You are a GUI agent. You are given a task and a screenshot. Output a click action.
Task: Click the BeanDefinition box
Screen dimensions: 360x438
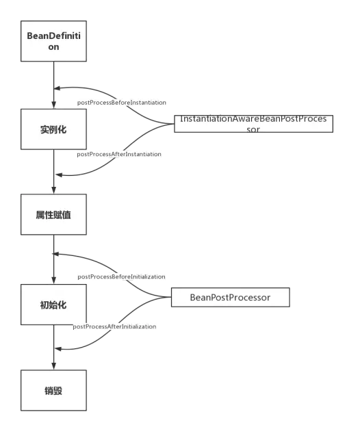click(x=53, y=41)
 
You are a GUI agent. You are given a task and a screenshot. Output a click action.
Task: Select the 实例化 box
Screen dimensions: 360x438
click(x=53, y=129)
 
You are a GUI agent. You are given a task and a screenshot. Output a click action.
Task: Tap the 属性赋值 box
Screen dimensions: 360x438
click(x=53, y=214)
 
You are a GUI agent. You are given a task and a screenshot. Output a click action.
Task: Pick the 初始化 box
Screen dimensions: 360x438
click(x=53, y=305)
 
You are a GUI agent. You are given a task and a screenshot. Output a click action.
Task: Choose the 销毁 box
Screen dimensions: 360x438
click(x=53, y=390)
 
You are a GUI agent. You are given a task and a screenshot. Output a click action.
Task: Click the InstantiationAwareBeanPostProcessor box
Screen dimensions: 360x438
click(x=254, y=124)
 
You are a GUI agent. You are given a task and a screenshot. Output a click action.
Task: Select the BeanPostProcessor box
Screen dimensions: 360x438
click(x=231, y=297)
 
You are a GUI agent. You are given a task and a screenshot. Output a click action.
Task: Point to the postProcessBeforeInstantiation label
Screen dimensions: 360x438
click(x=122, y=103)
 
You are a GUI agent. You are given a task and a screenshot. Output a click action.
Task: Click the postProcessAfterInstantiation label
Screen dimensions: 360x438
click(x=119, y=154)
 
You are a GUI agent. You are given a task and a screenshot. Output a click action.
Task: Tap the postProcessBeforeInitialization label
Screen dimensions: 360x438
click(x=121, y=276)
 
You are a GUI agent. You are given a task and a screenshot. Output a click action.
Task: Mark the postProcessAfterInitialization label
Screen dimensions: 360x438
click(x=114, y=326)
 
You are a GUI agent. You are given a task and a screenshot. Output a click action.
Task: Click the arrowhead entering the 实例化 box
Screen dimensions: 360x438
click(x=53, y=105)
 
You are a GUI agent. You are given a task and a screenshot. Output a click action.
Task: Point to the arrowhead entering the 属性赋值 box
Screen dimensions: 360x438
click(x=53, y=190)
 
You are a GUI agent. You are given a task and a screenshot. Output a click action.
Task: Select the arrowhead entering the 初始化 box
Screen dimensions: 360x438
click(x=53, y=281)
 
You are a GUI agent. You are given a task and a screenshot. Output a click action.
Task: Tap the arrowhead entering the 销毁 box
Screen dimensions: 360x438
click(x=53, y=367)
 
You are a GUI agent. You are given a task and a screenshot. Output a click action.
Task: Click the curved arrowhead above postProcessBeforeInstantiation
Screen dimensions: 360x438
click(x=57, y=88)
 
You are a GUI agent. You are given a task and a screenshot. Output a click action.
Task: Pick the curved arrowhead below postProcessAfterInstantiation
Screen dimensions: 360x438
click(x=59, y=175)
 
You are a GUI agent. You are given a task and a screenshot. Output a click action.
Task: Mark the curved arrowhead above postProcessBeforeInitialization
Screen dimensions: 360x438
click(x=56, y=254)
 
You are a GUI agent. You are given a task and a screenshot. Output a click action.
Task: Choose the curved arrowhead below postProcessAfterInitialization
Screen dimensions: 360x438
click(x=58, y=349)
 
